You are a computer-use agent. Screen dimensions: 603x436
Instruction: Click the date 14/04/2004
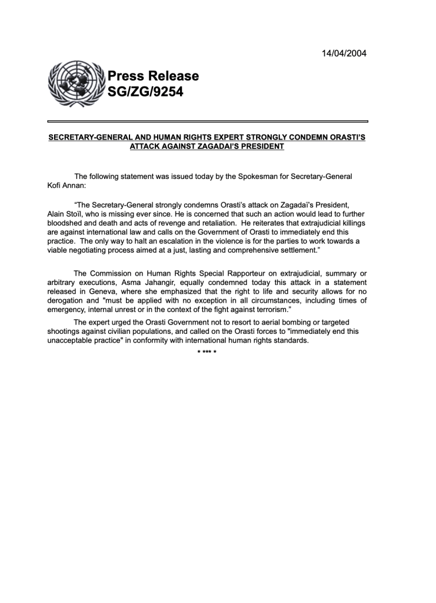coord(344,54)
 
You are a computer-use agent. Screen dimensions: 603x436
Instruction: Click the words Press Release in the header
coord(153,76)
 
